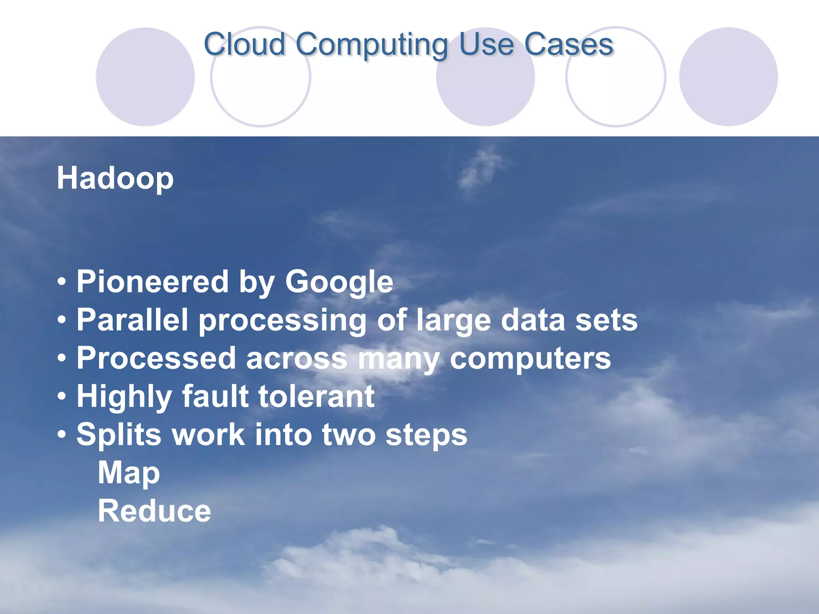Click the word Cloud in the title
point(244,44)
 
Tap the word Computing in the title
point(372,45)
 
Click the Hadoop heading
point(115,178)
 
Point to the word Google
point(339,282)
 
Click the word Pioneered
point(152,281)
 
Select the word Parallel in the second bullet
point(132,320)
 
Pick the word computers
point(530,359)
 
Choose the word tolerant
point(316,396)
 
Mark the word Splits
point(119,435)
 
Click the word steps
point(426,435)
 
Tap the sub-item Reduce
point(154,511)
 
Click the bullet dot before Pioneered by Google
point(62,282)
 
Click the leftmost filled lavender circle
point(146,77)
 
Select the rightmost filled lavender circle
point(728,77)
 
